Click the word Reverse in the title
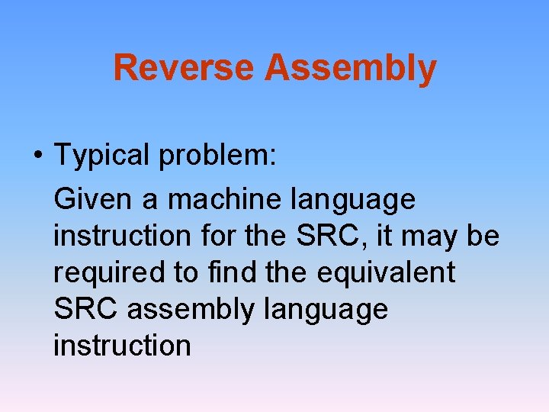tap(185, 68)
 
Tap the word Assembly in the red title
tap(351, 68)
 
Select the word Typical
tap(102, 156)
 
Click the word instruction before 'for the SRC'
tap(122, 237)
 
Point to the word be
tap(483, 237)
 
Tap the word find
tap(233, 273)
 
